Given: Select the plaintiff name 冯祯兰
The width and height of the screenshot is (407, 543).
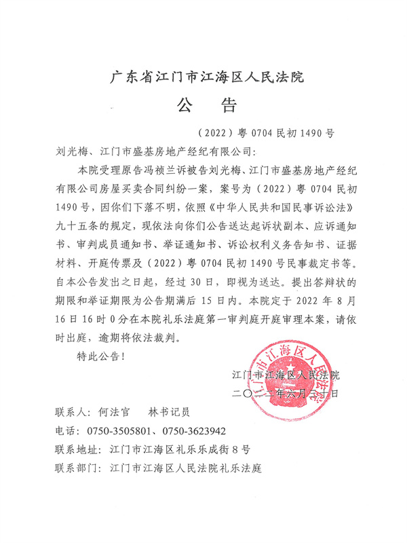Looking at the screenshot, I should [157, 168].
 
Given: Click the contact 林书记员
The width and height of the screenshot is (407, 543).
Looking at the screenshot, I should [168, 412].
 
